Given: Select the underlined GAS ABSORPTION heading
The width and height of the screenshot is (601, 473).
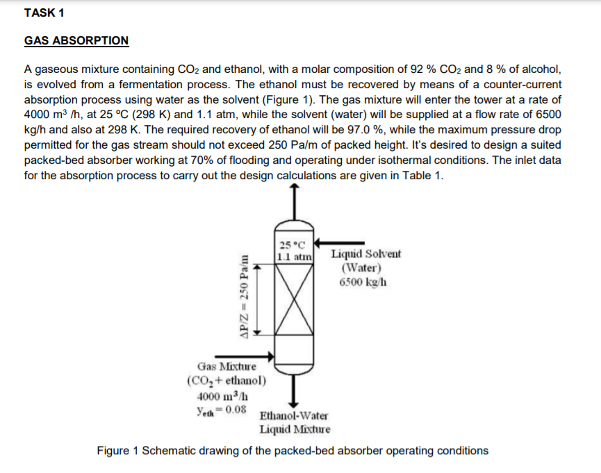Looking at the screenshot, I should (x=76, y=41).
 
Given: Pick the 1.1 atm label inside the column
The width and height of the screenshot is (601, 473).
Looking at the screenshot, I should (x=289, y=256).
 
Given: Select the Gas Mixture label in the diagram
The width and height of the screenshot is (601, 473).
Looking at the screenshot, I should (x=227, y=366).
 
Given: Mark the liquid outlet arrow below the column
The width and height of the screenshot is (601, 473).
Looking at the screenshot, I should (x=295, y=392).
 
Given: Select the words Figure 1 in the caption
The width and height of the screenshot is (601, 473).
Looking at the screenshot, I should (x=119, y=451).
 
